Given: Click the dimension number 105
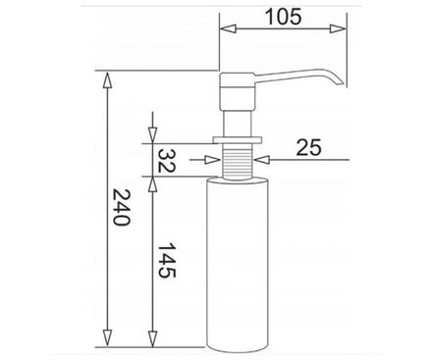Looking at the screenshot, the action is click(283, 17).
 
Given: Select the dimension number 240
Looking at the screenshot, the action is click(122, 207).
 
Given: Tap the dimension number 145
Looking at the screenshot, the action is click(167, 260).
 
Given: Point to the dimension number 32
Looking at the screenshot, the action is click(167, 161).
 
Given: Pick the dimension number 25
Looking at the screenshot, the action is click(308, 147).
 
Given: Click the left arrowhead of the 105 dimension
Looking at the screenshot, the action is click(228, 28).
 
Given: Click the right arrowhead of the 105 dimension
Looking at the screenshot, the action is click(338, 28).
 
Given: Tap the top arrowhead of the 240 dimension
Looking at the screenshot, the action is click(107, 79).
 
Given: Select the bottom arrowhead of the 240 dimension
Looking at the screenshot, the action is click(107, 338).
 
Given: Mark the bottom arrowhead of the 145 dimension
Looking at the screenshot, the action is click(152, 338).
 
